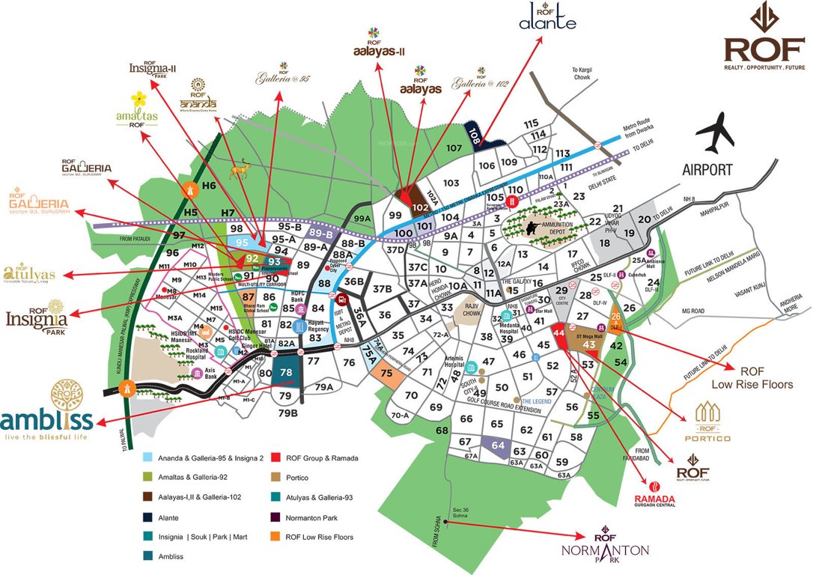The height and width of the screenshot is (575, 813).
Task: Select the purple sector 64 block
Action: (x=499, y=445)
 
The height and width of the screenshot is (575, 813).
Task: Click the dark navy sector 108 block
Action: (x=475, y=136)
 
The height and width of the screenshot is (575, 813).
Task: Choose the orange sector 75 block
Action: (x=386, y=373)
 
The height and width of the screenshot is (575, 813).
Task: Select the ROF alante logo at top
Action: (x=547, y=17)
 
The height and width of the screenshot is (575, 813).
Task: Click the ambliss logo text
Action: (x=46, y=419)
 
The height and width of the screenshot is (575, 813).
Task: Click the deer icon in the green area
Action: (x=241, y=171)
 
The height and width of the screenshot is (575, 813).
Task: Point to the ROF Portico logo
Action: (x=712, y=423)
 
